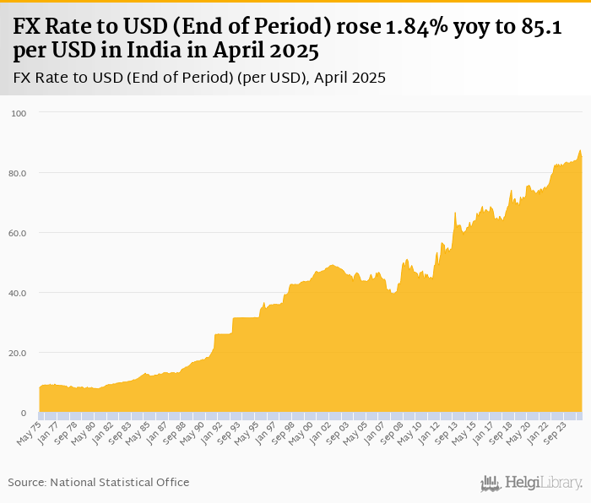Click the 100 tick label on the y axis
(x=19, y=113)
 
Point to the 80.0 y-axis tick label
(x=18, y=173)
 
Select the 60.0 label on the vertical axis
(x=18, y=233)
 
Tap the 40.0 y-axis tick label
(x=18, y=293)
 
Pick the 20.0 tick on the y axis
(x=18, y=353)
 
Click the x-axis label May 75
(x=29, y=434)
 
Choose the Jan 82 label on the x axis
(x=102, y=434)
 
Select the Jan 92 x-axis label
(x=212, y=434)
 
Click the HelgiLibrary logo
(x=531, y=483)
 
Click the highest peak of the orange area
(x=580, y=151)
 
